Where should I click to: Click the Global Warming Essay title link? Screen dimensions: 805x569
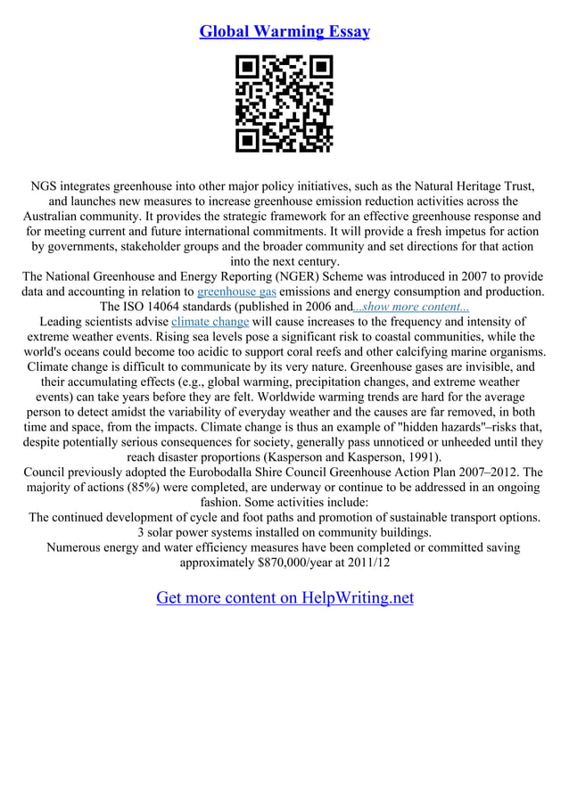[x=284, y=31]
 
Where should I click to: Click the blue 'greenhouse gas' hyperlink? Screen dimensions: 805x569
[x=236, y=291]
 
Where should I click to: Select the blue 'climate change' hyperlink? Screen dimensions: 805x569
[x=210, y=321]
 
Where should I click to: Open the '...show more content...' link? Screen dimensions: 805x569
[x=411, y=306]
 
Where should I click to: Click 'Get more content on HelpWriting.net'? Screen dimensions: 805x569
[x=284, y=597]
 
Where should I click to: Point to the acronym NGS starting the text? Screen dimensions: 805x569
[x=46, y=186]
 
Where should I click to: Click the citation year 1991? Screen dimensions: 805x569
[x=421, y=456]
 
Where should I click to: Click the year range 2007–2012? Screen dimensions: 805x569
[x=486, y=472]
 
